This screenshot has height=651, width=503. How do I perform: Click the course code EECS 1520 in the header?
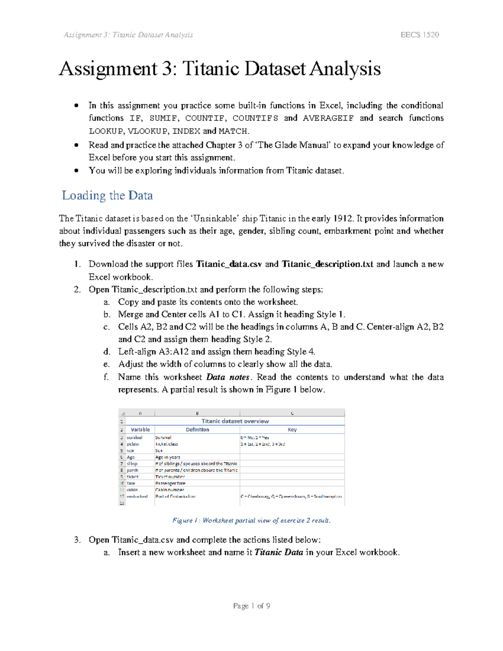(420, 35)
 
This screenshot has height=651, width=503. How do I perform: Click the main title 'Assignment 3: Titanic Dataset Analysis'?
(220, 69)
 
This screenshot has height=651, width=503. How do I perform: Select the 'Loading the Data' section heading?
(107, 195)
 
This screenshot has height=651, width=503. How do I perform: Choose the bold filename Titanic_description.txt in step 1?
(327, 264)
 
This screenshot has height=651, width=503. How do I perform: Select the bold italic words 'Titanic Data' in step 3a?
(279, 552)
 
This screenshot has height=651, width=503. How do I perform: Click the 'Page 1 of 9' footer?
(251, 606)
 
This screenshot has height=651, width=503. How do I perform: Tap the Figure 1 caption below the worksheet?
(251, 520)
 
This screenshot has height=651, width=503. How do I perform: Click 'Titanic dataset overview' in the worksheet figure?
(235, 421)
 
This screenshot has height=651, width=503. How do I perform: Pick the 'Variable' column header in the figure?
(140, 430)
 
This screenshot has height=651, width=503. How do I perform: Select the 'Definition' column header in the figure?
(197, 430)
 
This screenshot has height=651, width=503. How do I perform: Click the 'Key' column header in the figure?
(292, 430)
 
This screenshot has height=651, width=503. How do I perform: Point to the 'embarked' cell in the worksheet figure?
(137, 496)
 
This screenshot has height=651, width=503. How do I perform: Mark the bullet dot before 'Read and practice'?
(76, 145)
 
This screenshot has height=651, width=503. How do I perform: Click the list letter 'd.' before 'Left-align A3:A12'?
(107, 352)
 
